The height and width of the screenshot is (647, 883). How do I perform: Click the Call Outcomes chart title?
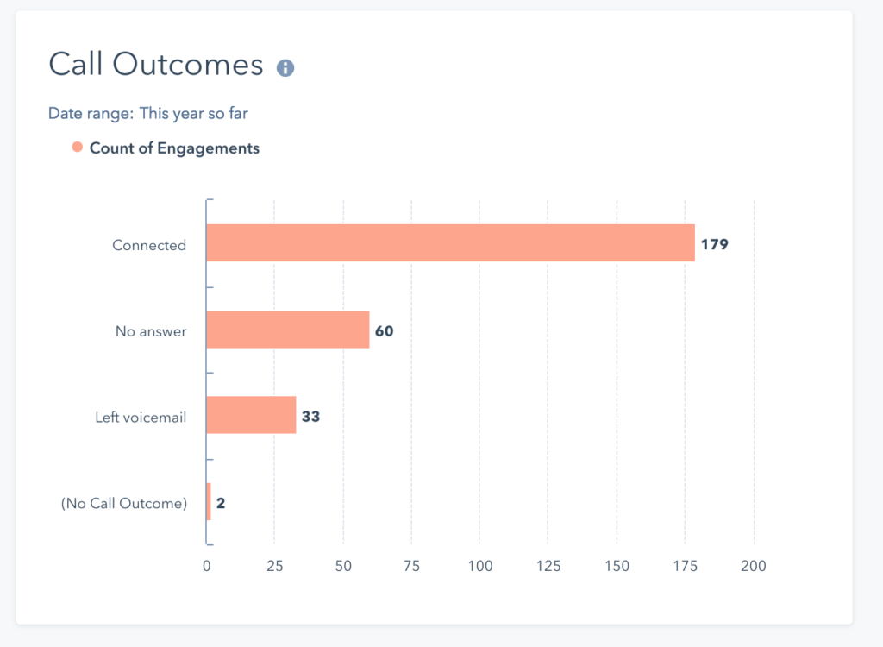pyautogui.click(x=155, y=66)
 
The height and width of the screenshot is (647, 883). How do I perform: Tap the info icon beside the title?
pyautogui.click(x=285, y=68)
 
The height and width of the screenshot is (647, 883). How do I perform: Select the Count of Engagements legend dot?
pyautogui.click(x=78, y=148)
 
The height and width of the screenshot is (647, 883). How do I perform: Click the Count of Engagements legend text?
pyautogui.click(x=174, y=148)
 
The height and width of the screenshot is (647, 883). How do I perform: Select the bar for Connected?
pyautogui.click(x=450, y=243)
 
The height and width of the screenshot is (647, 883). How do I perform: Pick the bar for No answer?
pyautogui.click(x=288, y=330)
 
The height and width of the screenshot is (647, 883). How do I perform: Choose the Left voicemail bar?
pyautogui.click(x=251, y=416)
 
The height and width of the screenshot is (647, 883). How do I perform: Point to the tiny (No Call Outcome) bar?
pyautogui.click(x=209, y=502)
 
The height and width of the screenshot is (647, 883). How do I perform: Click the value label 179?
pyautogui.click(x=714, y=244)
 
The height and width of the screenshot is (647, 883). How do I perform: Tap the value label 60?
pyautogui.click(x=384, y=330)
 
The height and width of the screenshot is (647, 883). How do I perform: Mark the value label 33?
pyautogui.click(x=310, y=417)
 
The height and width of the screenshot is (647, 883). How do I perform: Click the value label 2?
pyautogui.click(x=221, y=503)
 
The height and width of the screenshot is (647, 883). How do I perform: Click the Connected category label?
pyautogui.click(x=149, y=245)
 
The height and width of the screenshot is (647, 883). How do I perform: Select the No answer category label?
pyautogui.click(x=151, y=331)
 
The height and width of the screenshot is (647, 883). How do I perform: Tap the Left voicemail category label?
pyautogui.click(x=141, y=418)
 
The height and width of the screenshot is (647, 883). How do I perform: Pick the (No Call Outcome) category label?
pyautogui.click(x=123, y=504)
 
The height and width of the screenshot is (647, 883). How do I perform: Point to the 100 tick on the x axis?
pyautogui.click(x=480, y=566)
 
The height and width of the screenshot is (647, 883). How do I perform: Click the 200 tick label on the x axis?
pyautogui.click(x=754, y=566)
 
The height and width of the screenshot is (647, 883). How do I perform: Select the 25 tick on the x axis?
pyautogui.click(x=274, y=566)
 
